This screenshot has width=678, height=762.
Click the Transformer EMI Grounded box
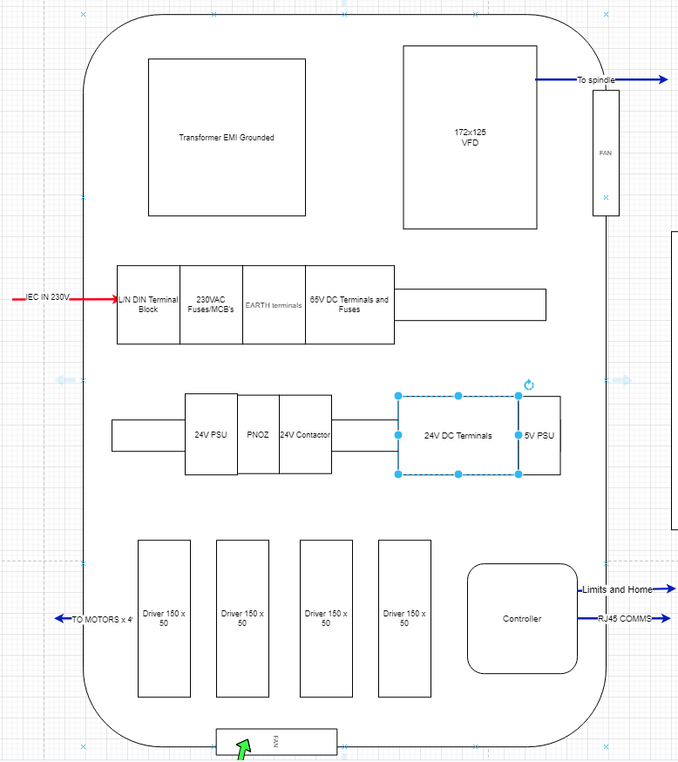(x=227, y=138)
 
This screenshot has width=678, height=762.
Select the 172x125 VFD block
(x=470, y=138)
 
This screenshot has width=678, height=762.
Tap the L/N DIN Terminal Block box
(x=149, y=304)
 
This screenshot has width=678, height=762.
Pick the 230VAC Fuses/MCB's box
(x=211, y=304)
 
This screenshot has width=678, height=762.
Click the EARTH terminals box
(x=274, y=304)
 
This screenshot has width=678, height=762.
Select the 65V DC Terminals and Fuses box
(x=349, y=304)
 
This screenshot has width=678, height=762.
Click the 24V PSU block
(x=211, y=434)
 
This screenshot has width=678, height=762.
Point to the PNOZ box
(x=258, y=434)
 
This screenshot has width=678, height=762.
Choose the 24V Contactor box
(x=306, y=434)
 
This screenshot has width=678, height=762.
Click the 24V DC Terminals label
(x=458, y=435)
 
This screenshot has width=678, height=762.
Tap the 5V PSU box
(x=539, y=435)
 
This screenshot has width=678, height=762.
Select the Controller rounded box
(x=522, y=619)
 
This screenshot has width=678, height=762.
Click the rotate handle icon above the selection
(x=529, y=384)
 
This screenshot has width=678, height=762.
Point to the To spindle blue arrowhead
(x=663, y=79)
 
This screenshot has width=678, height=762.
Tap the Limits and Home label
(x=617, y=589)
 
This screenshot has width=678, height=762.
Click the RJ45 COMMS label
(x=625, y=619)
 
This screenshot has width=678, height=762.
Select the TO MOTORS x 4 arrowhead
(x=59, y=618)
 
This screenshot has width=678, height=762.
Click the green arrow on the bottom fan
(x=244, y=750)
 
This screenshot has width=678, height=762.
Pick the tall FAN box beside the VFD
(x=607, y=153)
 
